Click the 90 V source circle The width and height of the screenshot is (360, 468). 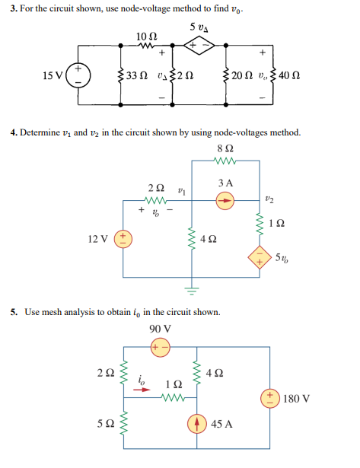point(161,347)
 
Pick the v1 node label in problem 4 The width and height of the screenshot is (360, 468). point(180,186)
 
